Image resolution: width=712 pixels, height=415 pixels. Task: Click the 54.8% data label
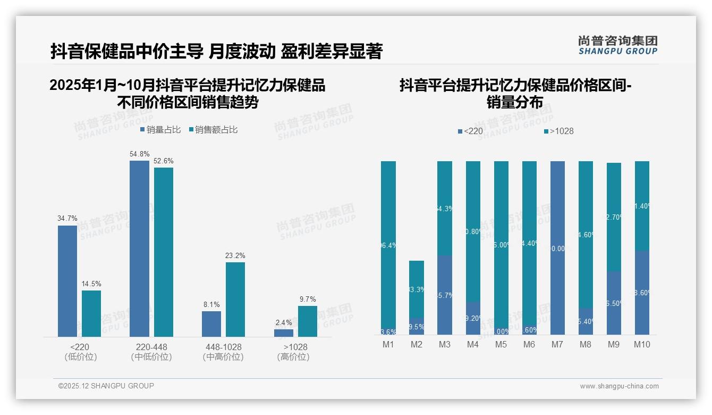pyautogui.click(x=139, y=154)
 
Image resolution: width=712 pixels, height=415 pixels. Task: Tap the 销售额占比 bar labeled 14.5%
pyautogui.click(x=91, y=313)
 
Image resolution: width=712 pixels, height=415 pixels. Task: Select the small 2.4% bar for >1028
pyautogui.click(x=284, y=333)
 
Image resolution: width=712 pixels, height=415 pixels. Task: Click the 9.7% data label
pyautogui.click(x=307, y=299)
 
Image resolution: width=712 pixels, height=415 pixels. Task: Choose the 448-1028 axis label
pyautogui.click(x=223, y=347)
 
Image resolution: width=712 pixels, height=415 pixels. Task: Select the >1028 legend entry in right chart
pyautogui.click(x=558, y=131)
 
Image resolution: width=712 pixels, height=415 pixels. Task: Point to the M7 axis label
pyautogui.click(x=557, y=344)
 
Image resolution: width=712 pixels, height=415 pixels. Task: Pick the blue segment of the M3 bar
pyautogui.click(x=445, y=295)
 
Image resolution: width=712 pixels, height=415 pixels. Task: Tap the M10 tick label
pyautogui.click(x=642, y=344)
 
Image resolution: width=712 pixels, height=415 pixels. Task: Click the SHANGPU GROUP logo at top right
pyautogui.click(x=617, y=45)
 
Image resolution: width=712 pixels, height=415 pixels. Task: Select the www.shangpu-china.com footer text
pyautogui.click(x=619, y=386)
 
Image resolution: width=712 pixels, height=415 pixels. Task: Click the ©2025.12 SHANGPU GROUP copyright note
pyautogui.click(x=106, y=386)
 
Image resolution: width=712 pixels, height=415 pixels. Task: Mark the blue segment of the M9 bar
pyautogui.click(x=614, y=303)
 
